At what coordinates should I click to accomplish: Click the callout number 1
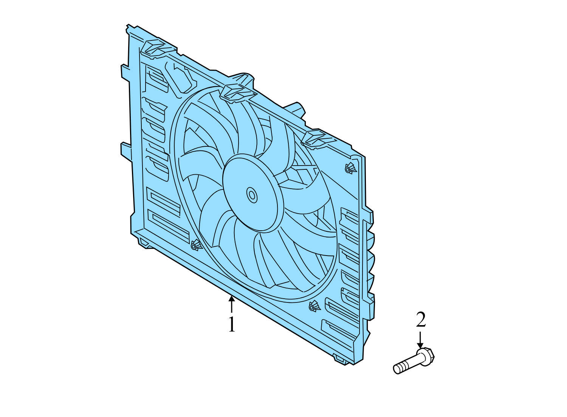pyautogui.click(x=231, y=324)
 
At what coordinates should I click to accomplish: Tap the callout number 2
pyautogui.click(x=421, y=320)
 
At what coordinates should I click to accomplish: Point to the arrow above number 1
pyautogui.click(x=231, y=304)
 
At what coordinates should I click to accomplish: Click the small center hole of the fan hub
pyautogui.click(x=251, y=195)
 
